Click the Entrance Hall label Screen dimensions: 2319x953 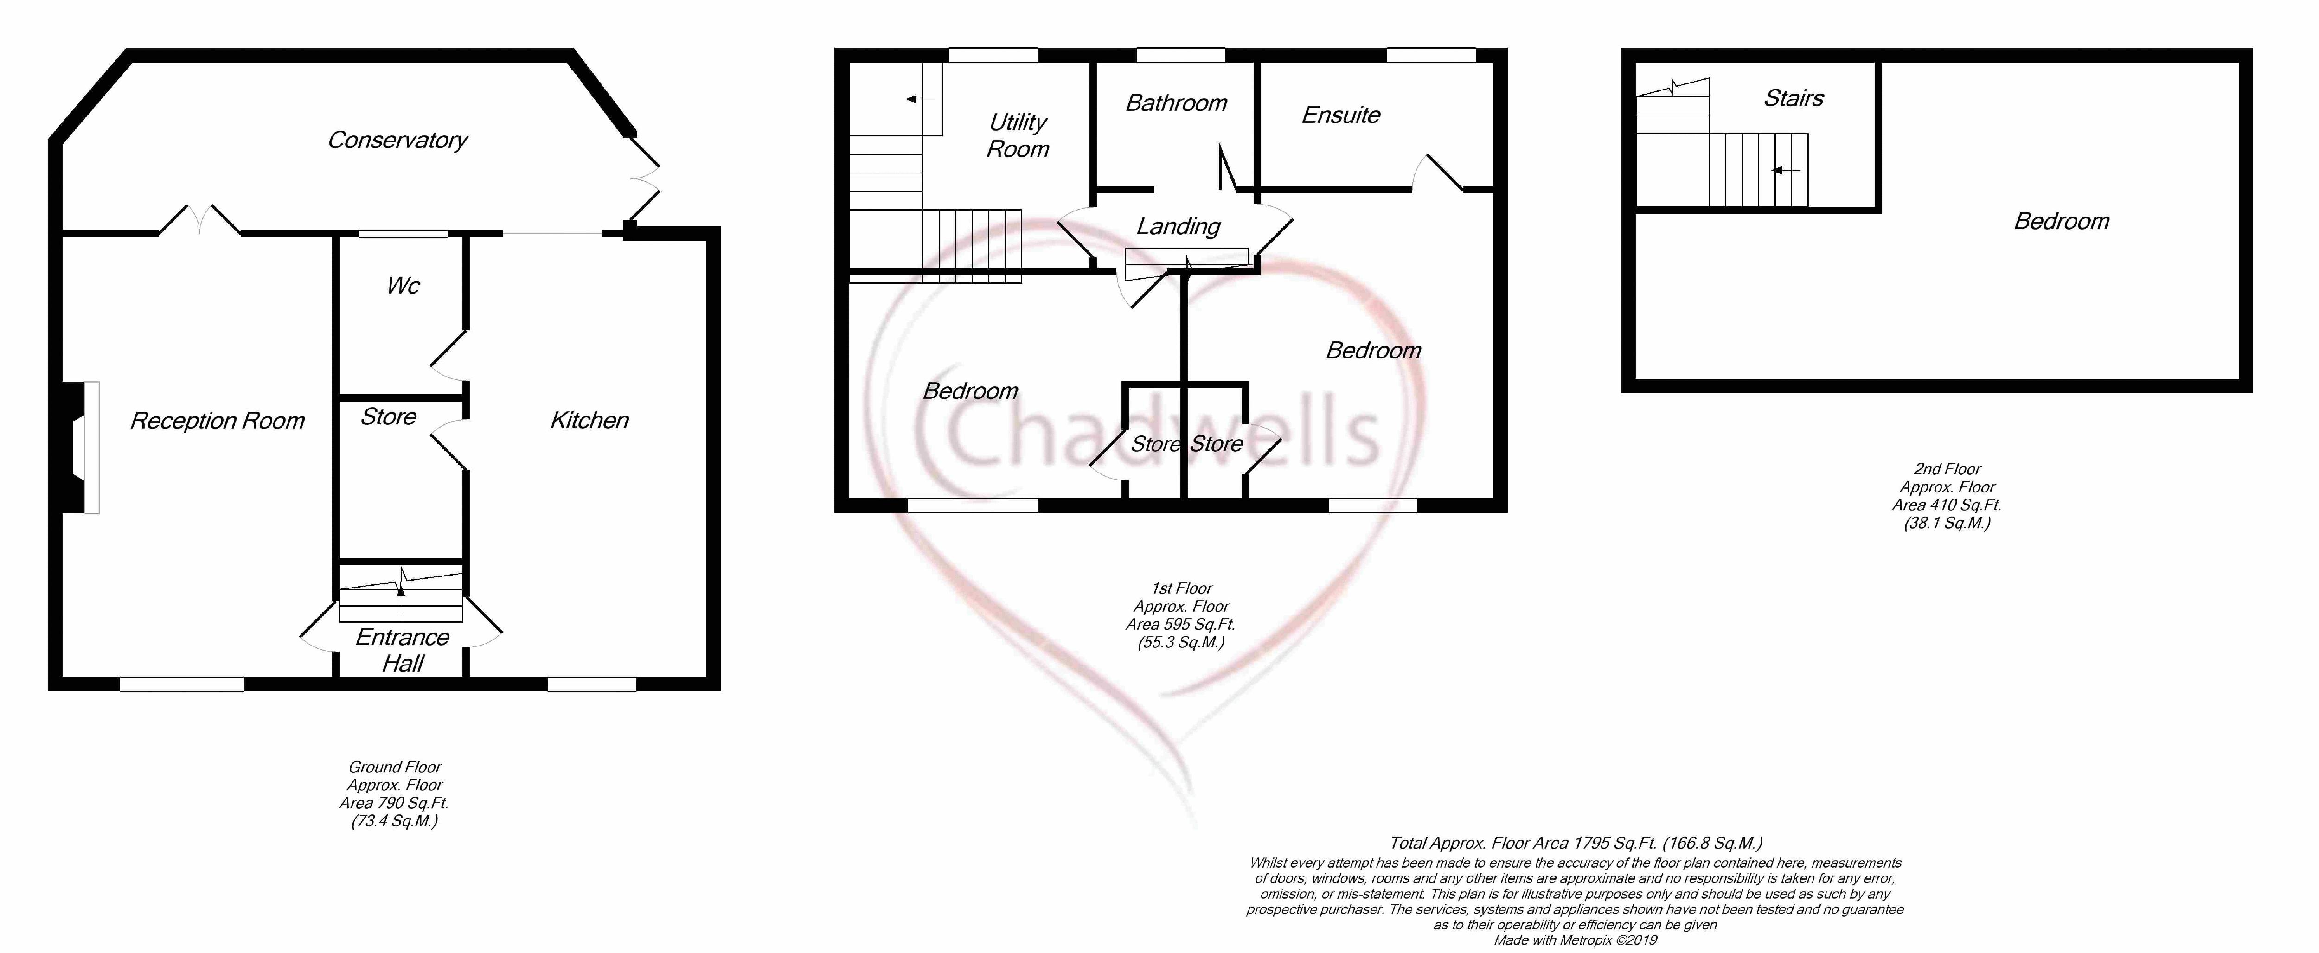403,650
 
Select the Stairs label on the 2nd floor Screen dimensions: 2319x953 1793,98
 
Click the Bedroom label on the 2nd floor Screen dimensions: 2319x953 2062,221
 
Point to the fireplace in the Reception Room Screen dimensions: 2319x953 79,448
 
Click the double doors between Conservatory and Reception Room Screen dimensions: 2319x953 200,221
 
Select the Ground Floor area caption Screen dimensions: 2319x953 394,794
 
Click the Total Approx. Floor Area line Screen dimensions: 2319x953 1576,843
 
